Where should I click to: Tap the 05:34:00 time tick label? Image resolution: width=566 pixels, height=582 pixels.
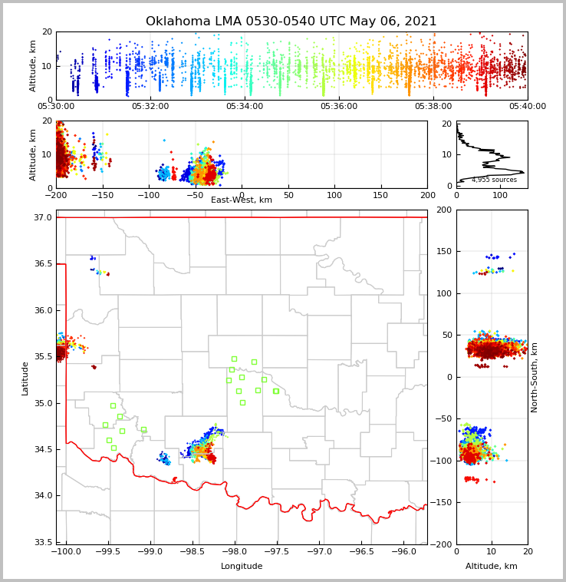point(245,107)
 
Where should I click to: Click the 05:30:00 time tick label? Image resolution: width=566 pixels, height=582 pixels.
point(56,107)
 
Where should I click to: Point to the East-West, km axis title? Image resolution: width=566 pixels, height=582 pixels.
point(242,200)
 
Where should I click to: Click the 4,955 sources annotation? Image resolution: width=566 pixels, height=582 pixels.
point(494,180)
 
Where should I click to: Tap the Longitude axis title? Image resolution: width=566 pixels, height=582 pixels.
point(242,567)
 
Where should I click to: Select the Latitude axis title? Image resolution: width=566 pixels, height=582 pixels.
point(25,378)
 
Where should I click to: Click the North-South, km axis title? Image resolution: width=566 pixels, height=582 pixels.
point(535,377)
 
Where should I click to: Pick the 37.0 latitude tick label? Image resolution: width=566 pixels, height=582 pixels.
point(44,218)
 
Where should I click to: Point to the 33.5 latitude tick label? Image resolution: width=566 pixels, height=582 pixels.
point(44,542)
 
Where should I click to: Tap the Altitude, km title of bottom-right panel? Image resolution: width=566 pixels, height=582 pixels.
point(492,567)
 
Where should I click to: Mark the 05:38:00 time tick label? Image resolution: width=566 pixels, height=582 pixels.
point(433,107)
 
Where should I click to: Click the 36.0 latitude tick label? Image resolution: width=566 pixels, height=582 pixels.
point(44,310)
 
